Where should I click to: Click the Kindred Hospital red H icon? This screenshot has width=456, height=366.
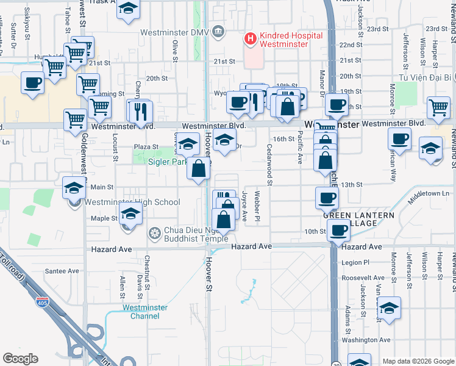tap(249, 39)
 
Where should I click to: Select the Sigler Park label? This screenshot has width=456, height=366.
tap(169, 162)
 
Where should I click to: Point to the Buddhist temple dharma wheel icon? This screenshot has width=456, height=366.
tap(155, 232)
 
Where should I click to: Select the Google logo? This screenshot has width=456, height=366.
tap(20, 359)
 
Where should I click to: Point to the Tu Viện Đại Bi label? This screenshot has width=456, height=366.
tap(424, 77)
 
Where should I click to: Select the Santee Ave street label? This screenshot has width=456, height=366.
tap(63, 271)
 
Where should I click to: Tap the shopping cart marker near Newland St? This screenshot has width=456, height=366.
tap(438, 107)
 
